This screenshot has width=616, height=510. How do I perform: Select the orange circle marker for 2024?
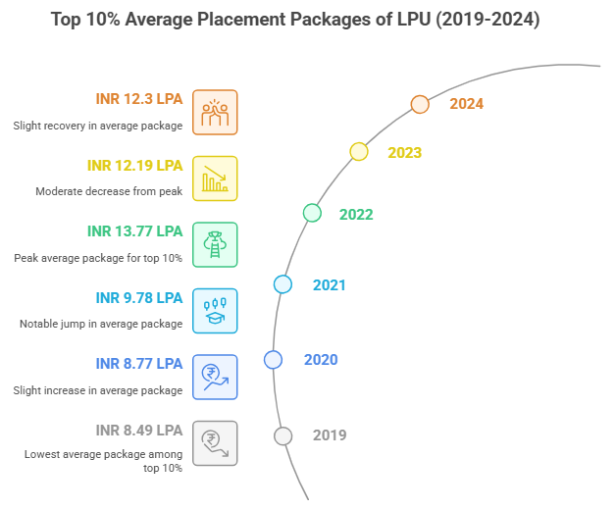(420, 105)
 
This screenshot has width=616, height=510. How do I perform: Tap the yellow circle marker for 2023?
(359, 151)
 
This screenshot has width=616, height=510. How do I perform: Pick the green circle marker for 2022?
(312, 213)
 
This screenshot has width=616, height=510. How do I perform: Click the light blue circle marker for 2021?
(282, 284)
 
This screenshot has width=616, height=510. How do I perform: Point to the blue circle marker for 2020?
(273, 360)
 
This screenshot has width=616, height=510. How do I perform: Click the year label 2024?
(467, 104)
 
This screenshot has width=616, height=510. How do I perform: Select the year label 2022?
(357, 213)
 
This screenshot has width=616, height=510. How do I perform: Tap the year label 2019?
(330, 435)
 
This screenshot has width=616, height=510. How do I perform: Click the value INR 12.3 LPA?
(138, 99)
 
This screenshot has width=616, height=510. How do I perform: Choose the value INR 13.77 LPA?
(134, 231)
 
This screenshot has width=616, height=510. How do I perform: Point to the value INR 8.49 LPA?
(138, 430)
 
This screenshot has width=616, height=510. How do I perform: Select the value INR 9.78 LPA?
(138, 298)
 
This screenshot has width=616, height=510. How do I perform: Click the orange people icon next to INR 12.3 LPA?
(215, 112)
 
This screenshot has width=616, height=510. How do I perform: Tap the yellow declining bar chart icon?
(215, 178)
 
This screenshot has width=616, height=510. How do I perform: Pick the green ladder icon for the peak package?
(215, 244)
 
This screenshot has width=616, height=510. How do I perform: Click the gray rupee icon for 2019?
(215, 442)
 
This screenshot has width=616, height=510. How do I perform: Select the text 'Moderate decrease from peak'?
(110, 190)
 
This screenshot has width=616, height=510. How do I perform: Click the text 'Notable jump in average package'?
(101, 324)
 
